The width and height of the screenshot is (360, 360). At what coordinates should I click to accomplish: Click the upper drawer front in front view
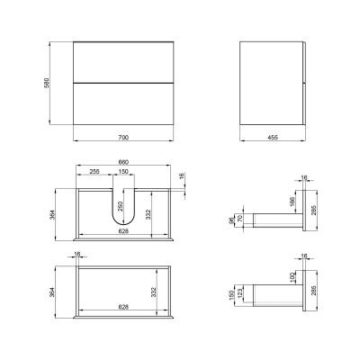(x=123, y=62)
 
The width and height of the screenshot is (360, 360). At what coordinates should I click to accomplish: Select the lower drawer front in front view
(x=123, y=103)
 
